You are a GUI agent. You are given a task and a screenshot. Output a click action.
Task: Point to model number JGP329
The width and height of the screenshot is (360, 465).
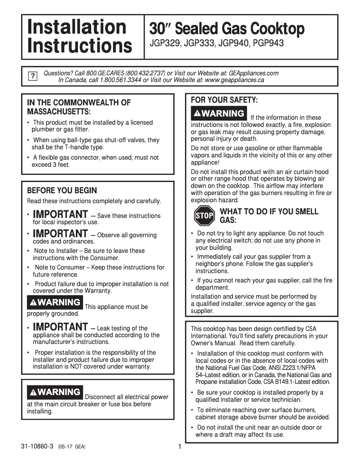pos(165,44)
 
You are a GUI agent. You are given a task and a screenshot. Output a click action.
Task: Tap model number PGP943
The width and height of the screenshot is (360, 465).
pos(268,44)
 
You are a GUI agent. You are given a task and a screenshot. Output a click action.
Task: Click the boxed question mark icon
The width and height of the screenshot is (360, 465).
pos(32,76)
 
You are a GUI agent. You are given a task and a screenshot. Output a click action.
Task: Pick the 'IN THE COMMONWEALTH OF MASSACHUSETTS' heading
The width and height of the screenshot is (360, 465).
pos(79,107)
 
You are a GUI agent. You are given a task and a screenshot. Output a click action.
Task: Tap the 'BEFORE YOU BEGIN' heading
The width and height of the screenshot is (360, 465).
pos(62,191)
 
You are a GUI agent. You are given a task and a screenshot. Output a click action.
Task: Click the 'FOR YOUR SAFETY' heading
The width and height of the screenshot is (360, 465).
pos(224,100)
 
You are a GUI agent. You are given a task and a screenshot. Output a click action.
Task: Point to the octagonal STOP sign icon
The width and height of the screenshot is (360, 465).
pos(204,216)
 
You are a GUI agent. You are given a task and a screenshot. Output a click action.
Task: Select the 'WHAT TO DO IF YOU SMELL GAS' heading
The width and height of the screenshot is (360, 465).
pos(268,216)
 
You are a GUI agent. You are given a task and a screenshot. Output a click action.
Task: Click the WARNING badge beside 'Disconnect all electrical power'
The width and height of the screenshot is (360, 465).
pos(55,392)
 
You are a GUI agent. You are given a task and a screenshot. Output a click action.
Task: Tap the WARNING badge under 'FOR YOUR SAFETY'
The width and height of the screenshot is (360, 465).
pos(219,113)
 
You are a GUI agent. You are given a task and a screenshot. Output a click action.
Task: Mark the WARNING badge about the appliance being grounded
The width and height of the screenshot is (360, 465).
pos(55,302)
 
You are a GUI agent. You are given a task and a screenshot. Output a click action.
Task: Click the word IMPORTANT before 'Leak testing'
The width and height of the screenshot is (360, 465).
pos(61,326)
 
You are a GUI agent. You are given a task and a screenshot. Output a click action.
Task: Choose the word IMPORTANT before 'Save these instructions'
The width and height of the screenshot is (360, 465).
pos(61,214)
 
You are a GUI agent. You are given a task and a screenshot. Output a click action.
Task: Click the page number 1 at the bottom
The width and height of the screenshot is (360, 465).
pos(179,447)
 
